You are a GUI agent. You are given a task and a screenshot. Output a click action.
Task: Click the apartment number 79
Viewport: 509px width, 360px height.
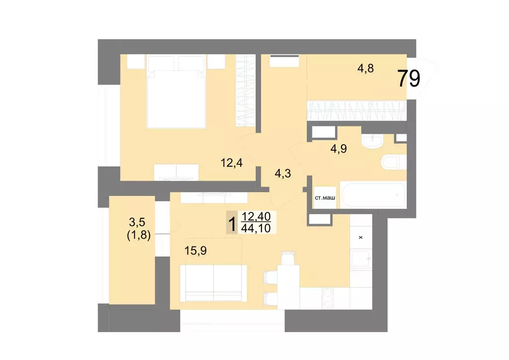pyautogui.click(x=409, y=79)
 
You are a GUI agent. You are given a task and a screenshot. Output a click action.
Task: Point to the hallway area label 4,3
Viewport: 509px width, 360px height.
pyautogui.click(x=283, y=174)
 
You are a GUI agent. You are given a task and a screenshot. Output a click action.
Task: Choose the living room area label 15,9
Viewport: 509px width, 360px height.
pyautogui.click(x=195, y=251)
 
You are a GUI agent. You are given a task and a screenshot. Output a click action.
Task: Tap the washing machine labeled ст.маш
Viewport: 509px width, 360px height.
pyautogui.click(x=325, y=198)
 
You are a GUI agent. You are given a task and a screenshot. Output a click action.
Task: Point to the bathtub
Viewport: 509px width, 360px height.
pyautogui.click(x=373, y=194)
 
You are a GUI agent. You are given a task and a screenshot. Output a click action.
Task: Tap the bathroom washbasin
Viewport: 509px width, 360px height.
pyautogui.click(x=372, y=142)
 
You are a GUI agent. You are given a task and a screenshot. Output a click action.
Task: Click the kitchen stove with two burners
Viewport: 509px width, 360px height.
pyautogui.click(x=329, y=298)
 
